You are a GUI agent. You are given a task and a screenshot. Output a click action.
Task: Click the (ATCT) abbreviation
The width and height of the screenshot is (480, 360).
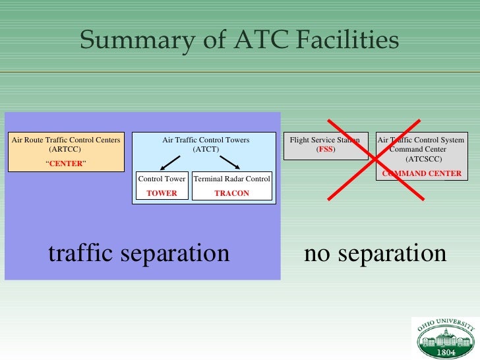[206, 150]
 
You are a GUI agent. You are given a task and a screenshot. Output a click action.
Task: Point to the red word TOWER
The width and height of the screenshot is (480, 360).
[162, 193]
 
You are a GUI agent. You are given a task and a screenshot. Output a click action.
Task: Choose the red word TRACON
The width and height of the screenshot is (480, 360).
[231, 193]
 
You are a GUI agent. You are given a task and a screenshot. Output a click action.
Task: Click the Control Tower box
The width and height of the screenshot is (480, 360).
[162, 186]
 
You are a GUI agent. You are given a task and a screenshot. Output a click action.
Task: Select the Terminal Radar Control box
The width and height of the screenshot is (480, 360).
[231, 186]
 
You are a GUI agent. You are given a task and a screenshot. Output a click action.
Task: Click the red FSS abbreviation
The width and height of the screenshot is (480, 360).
[325, 150]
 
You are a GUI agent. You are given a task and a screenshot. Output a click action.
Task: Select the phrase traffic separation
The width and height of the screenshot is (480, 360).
[138, 253]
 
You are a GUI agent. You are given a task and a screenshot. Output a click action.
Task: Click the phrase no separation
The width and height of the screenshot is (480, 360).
[375, 253]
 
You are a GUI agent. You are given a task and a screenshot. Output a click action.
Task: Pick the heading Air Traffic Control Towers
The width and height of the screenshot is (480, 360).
[206, 140]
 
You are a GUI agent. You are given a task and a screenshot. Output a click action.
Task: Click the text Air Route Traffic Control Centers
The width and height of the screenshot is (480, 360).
[66, 140]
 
